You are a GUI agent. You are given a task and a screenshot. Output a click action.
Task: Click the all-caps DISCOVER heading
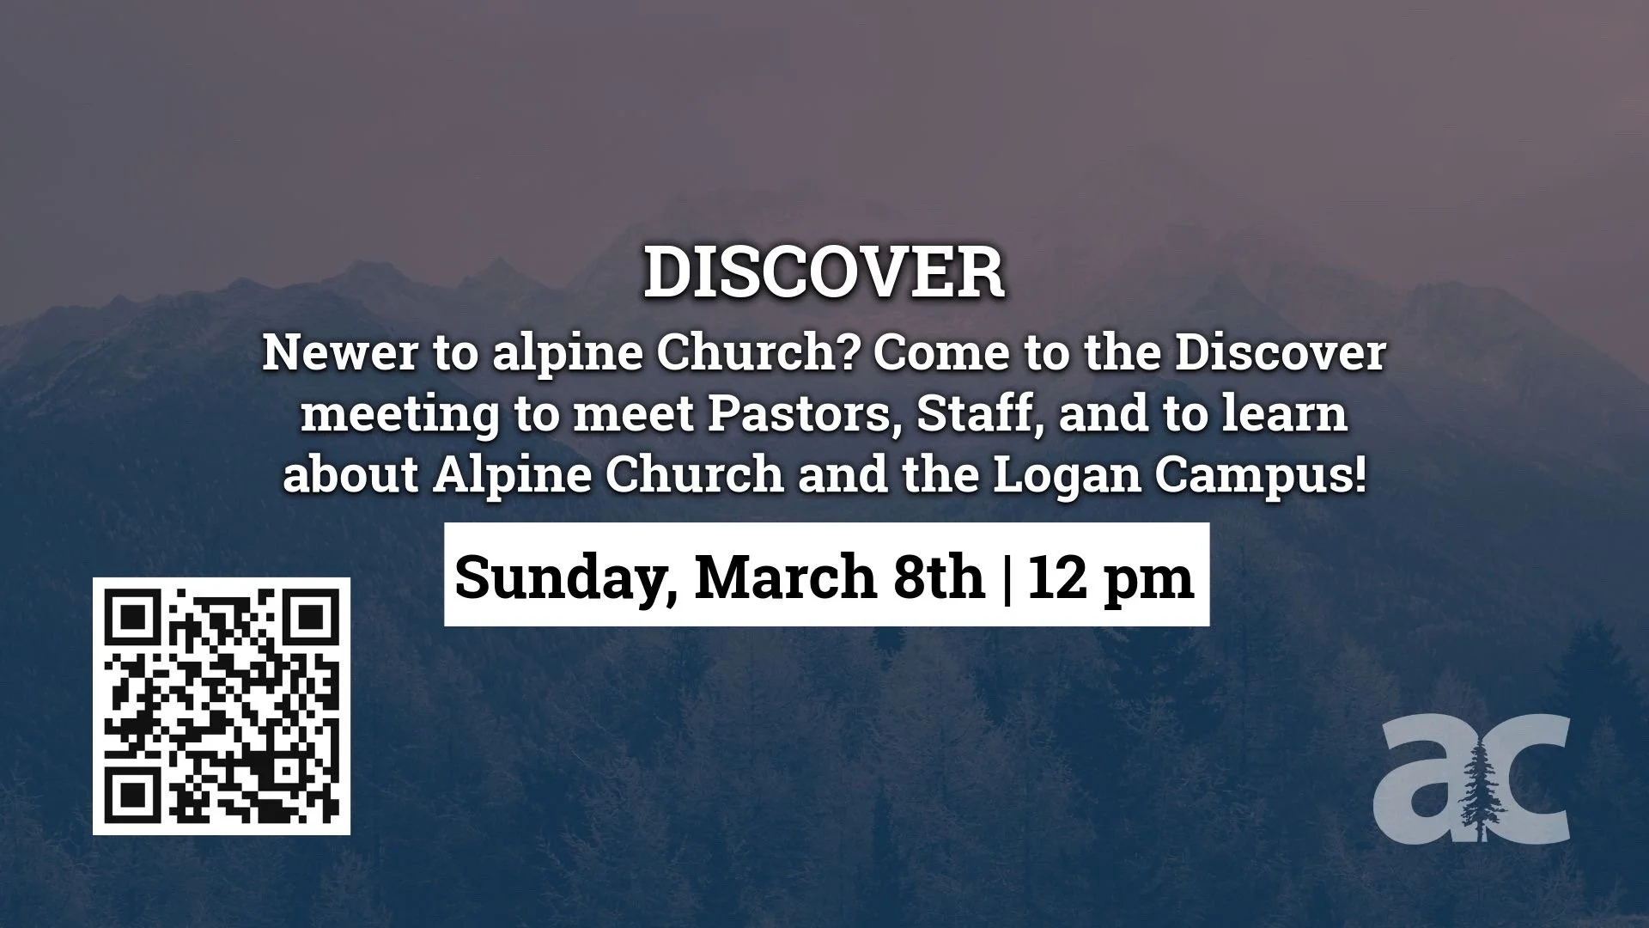tap(824, 273)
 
